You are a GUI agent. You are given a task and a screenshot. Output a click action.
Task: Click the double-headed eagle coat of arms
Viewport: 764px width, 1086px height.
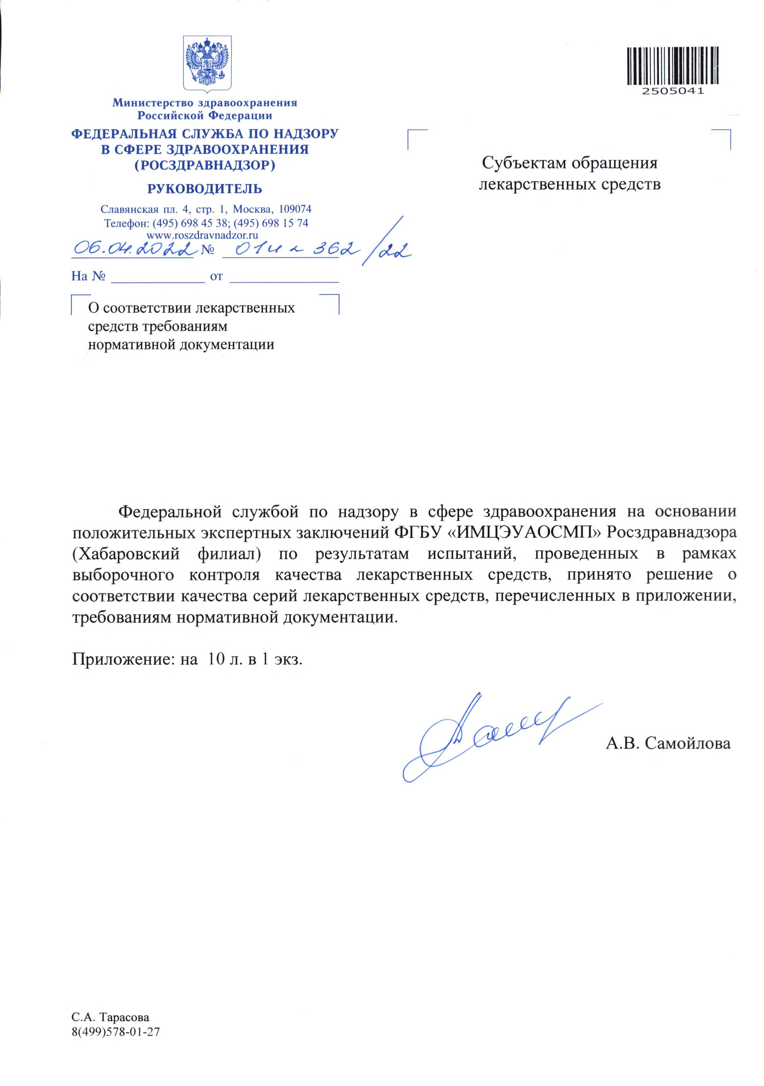(x=207, y=63)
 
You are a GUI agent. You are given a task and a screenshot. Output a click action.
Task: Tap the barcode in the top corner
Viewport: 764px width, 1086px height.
(x=672, y=66)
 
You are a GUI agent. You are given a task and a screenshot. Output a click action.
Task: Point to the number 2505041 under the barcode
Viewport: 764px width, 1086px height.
(x=672, y=91)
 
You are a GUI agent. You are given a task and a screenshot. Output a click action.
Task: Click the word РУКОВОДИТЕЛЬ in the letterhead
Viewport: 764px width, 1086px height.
(x=205, y=189)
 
